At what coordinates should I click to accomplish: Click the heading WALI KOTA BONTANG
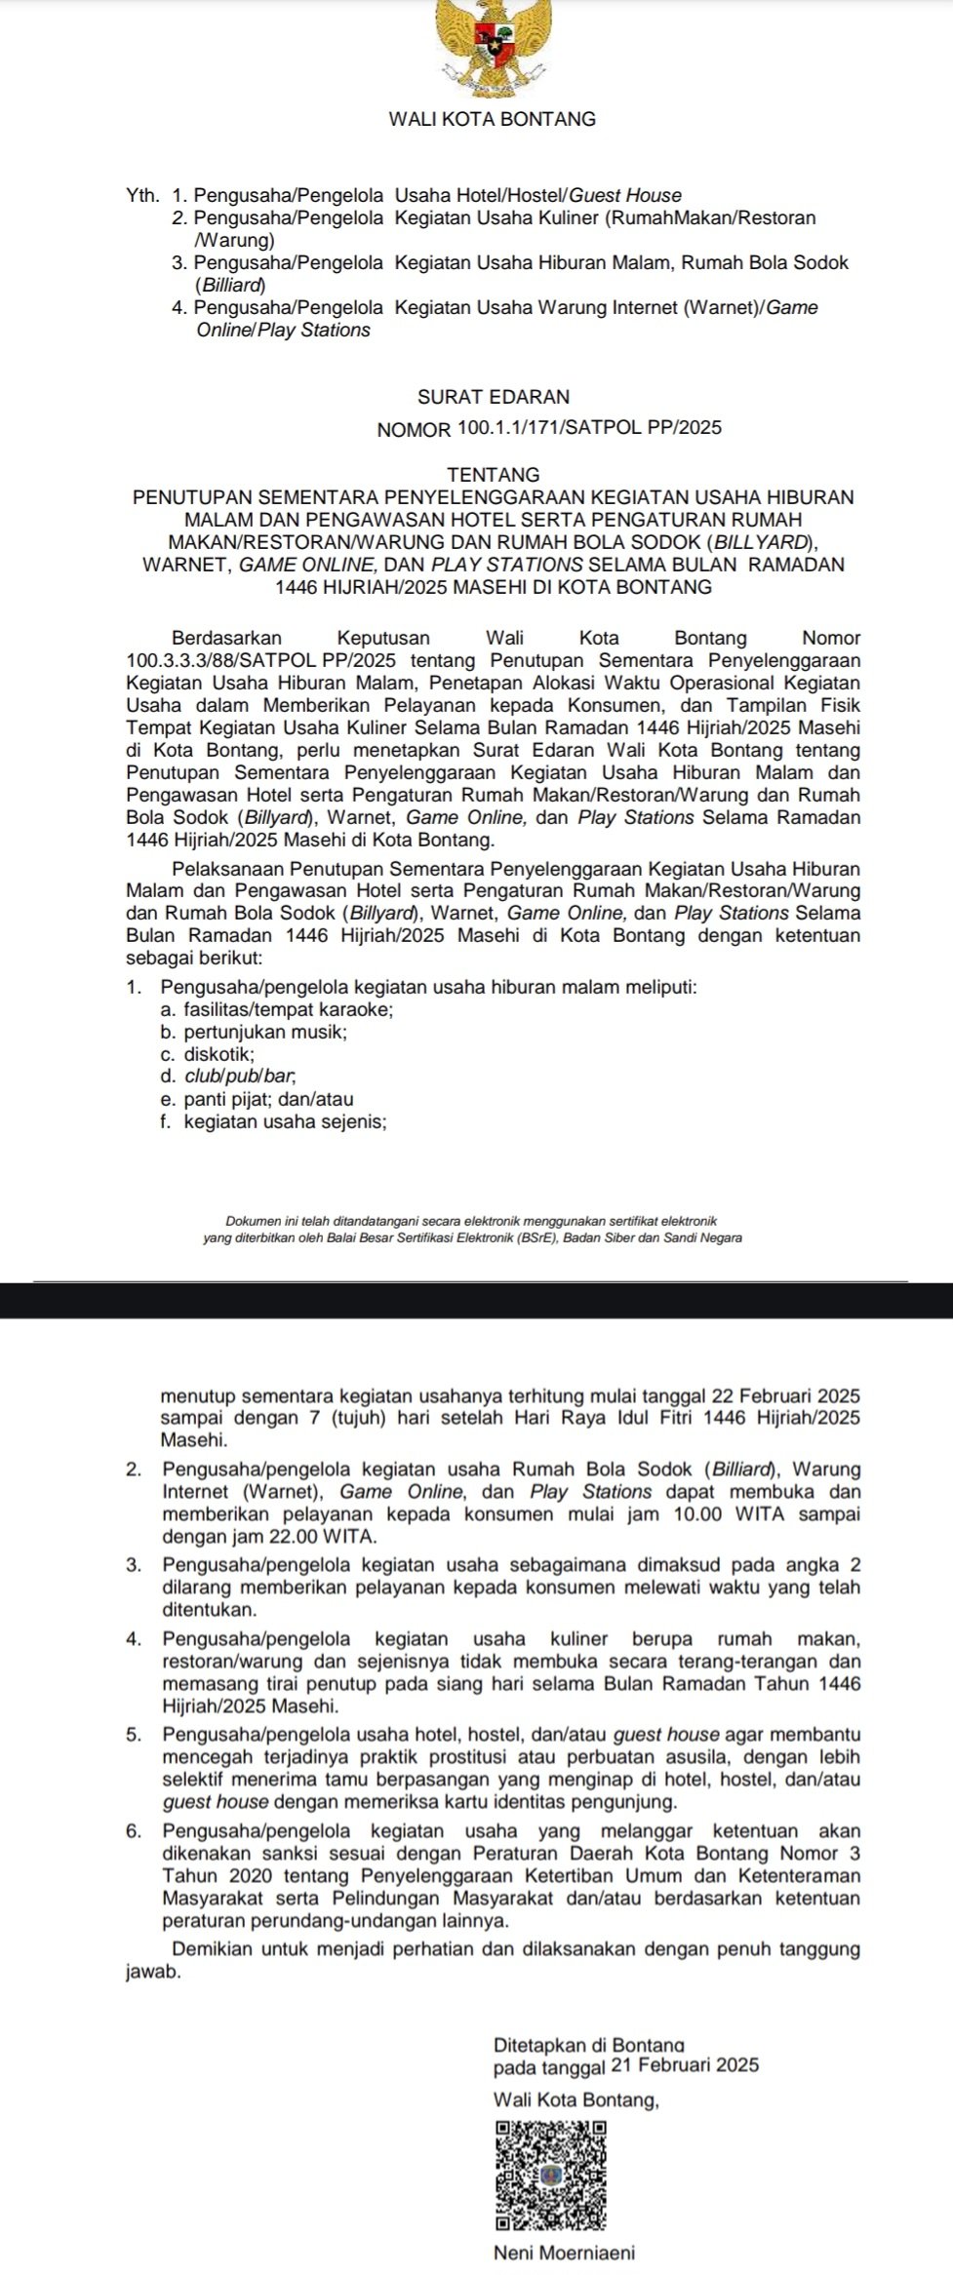pos(492,119)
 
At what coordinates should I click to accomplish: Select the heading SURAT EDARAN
pos(493,397)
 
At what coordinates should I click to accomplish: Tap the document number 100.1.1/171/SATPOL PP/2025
pos(587,427)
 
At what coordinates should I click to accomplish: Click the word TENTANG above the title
pos(493,475)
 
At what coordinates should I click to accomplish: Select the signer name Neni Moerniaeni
pos(564,2254)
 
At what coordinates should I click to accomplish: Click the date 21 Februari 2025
pos(684,2064)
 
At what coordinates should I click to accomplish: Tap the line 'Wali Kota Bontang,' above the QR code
pos(576,2099)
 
